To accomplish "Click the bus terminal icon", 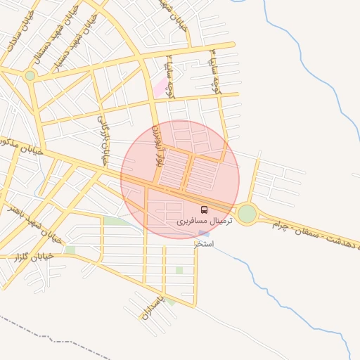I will (204, 210).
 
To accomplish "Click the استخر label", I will (204, 244).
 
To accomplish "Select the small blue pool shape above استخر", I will (203, 233).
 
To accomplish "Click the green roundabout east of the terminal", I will (247, 214).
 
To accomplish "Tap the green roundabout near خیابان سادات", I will (30, 75).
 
